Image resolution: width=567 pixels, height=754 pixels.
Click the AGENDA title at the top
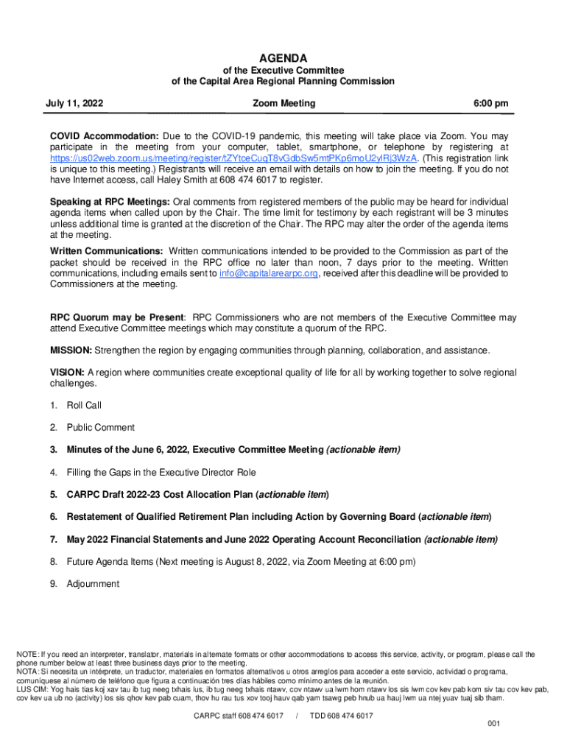(x=283, y=58)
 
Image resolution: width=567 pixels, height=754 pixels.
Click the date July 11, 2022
(x=77, y=104)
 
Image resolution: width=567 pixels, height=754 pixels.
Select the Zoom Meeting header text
(x=283, y=104)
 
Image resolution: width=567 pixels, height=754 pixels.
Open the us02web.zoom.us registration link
(x=234, y=158)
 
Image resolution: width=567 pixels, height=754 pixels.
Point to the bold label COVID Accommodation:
(x=104, y=137)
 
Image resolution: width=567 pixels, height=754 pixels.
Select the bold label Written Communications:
(x=107, y=252)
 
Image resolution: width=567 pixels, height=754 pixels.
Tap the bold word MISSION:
(x=71, y=350)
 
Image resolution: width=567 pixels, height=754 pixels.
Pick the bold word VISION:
(x=68, y=373)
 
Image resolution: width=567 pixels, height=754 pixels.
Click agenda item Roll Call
(x=84, y=406)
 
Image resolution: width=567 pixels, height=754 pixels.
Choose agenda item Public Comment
(x=101, y=428)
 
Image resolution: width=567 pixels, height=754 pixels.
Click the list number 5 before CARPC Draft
(x=53, y=495)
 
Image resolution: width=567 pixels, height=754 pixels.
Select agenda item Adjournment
(x=93, y=584)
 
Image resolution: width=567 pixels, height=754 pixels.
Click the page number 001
(x=494, y=724)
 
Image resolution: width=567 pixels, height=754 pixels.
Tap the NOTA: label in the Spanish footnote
(x=28, y=672)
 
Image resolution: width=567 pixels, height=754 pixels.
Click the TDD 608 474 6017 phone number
(x=341, y=716)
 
